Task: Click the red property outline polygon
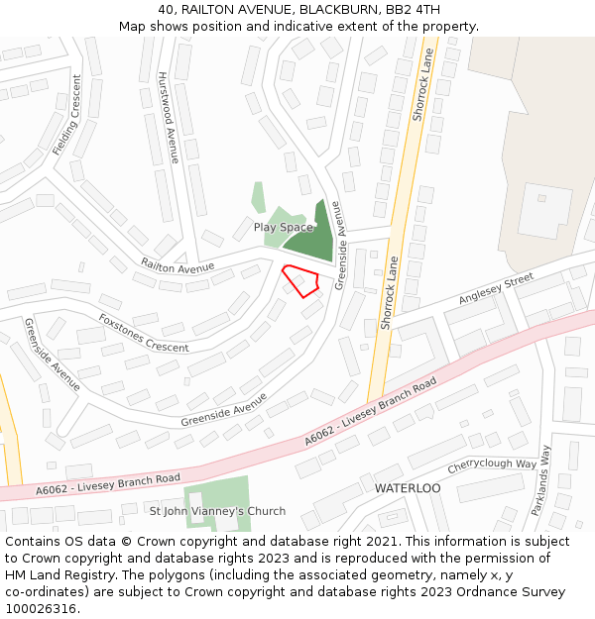click(x=300, y=280)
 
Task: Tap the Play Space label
click(x=283, y=228)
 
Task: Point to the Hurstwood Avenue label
click(x=167, y=117)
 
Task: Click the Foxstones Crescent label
click(x=143, y=333)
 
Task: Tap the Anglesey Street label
click(x=496, y=290)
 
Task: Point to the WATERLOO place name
click(x=407, y=489)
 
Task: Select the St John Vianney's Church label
click(x=217, y=511)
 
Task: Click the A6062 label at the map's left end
click(x=54, y=488)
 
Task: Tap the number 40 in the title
click(x=166, y=10)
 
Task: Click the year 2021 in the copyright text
click(x=382, y=541)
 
